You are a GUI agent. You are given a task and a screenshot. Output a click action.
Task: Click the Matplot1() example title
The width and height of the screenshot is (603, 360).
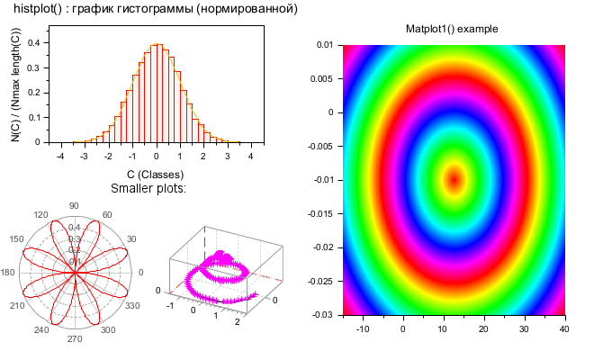pos(452,30)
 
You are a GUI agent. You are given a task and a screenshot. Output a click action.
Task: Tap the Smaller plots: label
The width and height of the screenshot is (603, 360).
pos(148,188)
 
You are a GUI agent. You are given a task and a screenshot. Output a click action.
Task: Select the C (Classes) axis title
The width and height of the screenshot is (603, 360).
pos(155,174)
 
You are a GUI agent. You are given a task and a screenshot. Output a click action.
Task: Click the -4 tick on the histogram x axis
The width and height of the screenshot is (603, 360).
pos(59,156)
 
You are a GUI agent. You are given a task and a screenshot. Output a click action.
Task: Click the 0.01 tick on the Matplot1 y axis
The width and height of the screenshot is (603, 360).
pos(325,44)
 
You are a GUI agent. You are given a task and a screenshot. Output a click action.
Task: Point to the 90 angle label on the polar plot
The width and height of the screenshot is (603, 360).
pos(74,205)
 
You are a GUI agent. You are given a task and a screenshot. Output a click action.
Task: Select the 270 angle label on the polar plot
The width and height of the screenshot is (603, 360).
pos(74,339)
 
